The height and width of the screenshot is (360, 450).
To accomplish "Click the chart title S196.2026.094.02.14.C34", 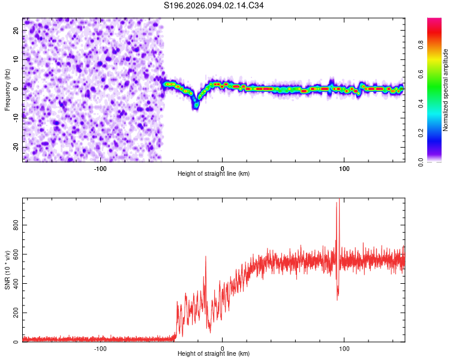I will click(214, 5).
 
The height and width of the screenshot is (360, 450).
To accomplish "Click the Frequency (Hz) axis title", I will click(7, 89).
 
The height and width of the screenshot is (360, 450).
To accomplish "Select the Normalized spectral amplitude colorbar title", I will click(445, 90).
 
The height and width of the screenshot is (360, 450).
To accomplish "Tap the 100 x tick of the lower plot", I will click(344, 349).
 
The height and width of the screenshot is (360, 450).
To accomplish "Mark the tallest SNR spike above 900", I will click(337, 203).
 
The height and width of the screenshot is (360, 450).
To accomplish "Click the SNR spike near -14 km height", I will click(206, 257).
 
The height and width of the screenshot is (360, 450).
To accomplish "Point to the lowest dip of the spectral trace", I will click(196, 105).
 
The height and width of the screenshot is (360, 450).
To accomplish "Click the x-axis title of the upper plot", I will click(214, 174).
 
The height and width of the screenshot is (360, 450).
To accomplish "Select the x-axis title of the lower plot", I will click(214, 354).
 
